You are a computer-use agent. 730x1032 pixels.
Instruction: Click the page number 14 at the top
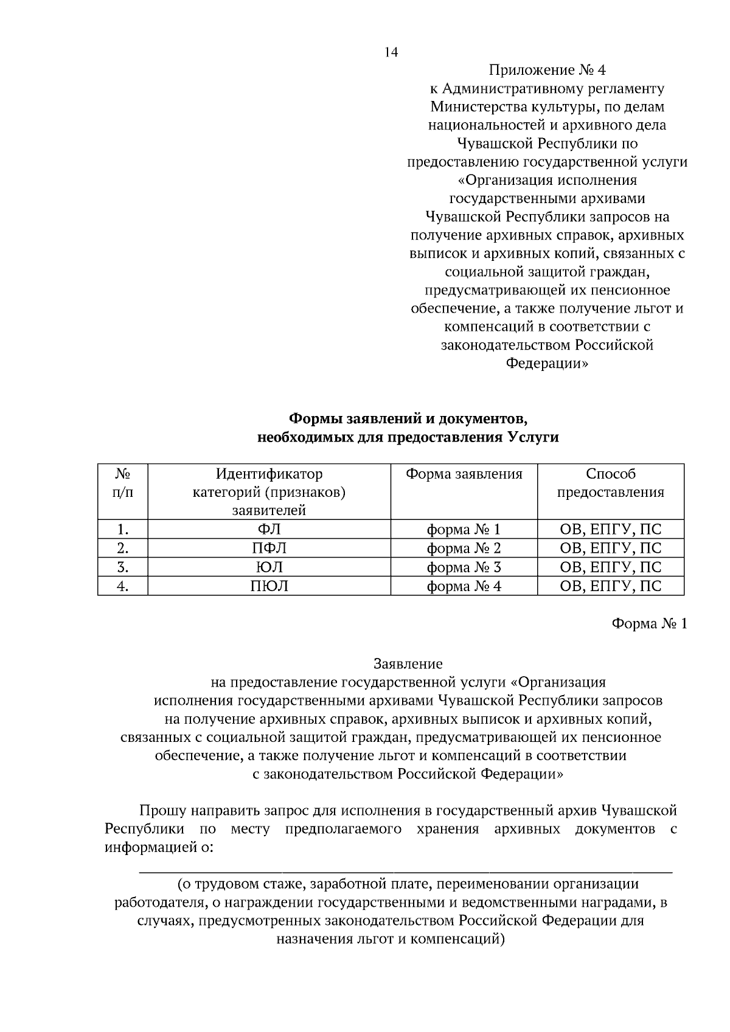coord(391,53)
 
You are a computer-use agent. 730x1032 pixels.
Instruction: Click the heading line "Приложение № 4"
coord(547,70)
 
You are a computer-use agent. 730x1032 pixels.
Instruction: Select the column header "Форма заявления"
coord(464,474)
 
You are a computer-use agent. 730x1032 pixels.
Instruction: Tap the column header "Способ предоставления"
coord(610,483)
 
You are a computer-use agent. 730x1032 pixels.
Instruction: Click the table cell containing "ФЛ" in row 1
coord(269,529)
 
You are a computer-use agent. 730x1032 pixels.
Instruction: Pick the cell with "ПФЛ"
coord(269,548)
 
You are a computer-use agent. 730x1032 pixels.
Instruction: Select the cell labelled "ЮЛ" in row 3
coord(269,567)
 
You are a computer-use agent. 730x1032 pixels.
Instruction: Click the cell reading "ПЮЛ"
coord(269,586)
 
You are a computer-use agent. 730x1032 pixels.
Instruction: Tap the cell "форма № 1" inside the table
coord(464,529)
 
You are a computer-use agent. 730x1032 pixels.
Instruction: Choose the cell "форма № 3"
coord(464,567)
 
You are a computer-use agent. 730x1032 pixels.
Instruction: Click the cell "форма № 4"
coord(464,586)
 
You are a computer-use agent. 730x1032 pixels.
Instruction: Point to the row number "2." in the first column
coord(123,548)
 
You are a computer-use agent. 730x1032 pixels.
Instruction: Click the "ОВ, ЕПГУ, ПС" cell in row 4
coord(610,586)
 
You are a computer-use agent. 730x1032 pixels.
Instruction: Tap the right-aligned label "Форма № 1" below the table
coord(648,624)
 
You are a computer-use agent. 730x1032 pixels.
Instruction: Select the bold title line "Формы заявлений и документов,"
coord(407,418)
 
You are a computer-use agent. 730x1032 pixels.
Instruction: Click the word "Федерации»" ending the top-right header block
coord(547,363)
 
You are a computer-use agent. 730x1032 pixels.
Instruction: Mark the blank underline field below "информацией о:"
coord(406,871)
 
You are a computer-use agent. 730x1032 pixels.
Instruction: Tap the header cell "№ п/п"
coord(123,483)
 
